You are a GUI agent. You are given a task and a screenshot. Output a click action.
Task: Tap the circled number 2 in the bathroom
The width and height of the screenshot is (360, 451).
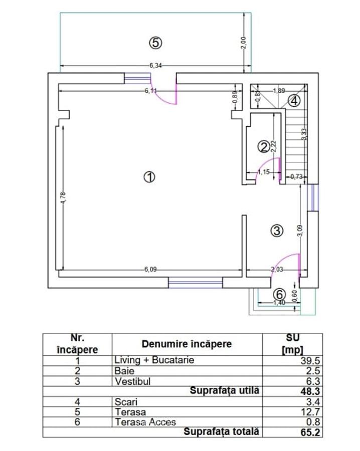pyautogui.click(x=263, y=146)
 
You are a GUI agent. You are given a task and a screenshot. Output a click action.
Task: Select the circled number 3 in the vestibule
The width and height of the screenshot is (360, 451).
pyautogui.click(x=277, y=231)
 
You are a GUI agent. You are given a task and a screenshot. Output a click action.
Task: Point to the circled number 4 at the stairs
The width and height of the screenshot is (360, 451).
pyautogui.click(x=294, y=100)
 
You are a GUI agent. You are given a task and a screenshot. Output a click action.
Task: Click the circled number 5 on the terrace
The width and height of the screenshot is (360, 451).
pyautogui.click(x=155, y=43)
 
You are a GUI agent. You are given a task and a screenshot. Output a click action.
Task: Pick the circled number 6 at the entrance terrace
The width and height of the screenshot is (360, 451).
pyautogui.click(x=280, y=294)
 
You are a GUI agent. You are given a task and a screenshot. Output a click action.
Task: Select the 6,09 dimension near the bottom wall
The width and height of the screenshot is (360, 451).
pyautogui.click(x=150, y=270)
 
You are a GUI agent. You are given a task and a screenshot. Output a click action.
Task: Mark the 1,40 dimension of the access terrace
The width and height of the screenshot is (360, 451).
pyautogui.click(x=279, y=303)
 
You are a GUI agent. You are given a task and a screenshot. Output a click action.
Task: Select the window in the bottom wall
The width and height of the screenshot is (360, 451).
pyautogui.click(x=195, y=283)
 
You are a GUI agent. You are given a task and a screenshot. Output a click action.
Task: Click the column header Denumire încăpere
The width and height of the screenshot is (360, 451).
pyautogui.click(x=187, y=344)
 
